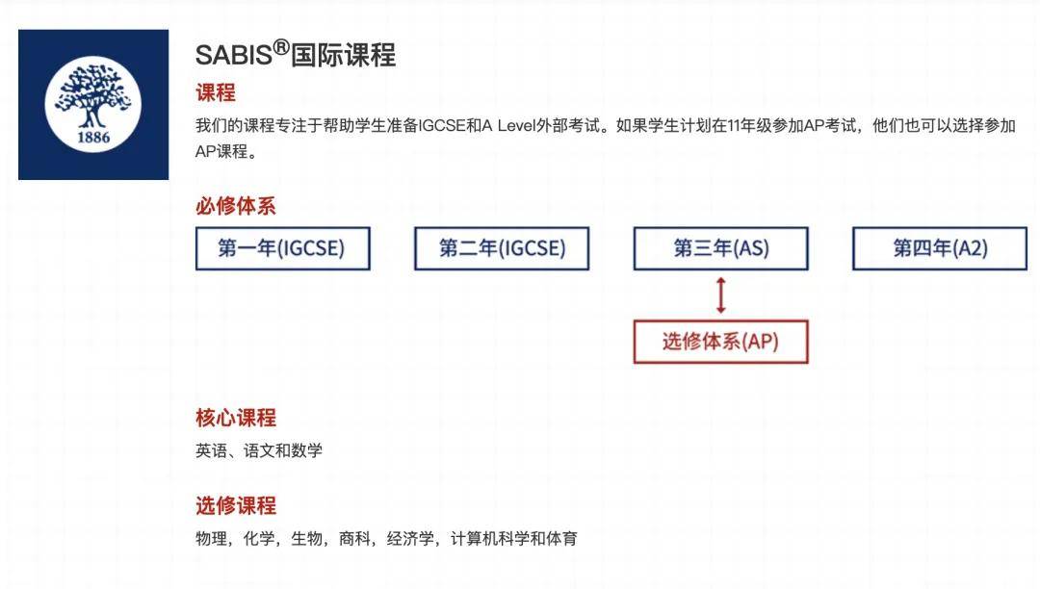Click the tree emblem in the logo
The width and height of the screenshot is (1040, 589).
click(92, 96)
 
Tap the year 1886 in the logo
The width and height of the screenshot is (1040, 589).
click(93, 138)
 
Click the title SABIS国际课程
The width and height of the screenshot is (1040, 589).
click(296, 54)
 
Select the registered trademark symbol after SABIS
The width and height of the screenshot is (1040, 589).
click(281, 47)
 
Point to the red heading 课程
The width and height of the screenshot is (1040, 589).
click(216, 92)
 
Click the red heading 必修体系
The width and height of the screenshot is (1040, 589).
click(236, 205)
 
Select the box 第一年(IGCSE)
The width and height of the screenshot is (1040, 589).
click(282, 248)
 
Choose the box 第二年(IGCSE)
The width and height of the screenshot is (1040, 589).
click(502, 248)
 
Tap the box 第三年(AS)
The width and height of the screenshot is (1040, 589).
click(721, 248)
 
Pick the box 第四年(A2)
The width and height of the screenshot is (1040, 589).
click(940, 248)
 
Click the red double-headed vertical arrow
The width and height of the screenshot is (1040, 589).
click(721, 295)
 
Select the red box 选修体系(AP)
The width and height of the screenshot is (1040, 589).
click(721, 342)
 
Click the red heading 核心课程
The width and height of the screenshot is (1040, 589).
click(236, 418)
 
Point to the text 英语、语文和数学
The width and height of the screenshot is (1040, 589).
click(259, 450)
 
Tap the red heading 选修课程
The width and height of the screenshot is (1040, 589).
click(236, 505)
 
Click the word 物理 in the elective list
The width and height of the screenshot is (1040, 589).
click(211, 539)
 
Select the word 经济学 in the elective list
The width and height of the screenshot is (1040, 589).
click(410, 539)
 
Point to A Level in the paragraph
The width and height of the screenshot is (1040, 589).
click(508, 125)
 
